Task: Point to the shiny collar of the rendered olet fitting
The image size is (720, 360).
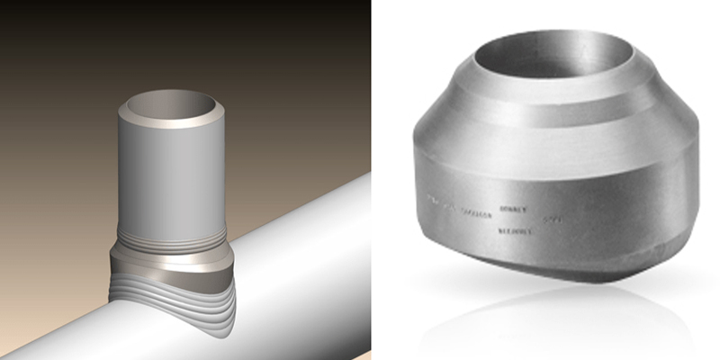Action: [x=171, y=263]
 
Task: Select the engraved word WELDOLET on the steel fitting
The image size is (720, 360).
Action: [x=514, y=230]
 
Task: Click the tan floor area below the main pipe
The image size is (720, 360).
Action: [x=288, y=342]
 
